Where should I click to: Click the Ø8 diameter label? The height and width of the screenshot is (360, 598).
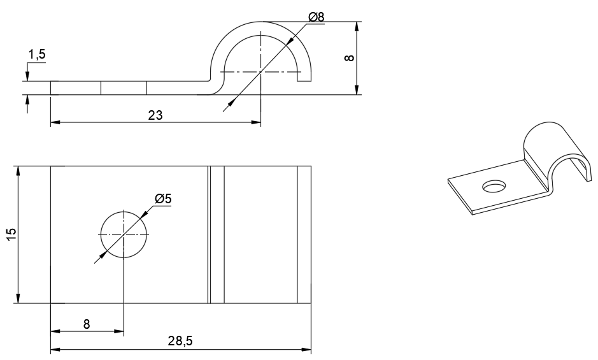pos(316,17)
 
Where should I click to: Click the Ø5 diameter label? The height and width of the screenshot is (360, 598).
pos(163,199)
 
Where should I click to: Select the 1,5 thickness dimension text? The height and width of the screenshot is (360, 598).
pos(37,55)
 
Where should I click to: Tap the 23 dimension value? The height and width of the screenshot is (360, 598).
pos(155,115)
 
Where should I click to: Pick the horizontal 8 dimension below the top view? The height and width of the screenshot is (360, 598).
pos(87,324)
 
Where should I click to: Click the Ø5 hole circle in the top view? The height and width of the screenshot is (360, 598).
pos(124,234)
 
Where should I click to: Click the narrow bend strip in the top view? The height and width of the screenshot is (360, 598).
pos(217,234)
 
